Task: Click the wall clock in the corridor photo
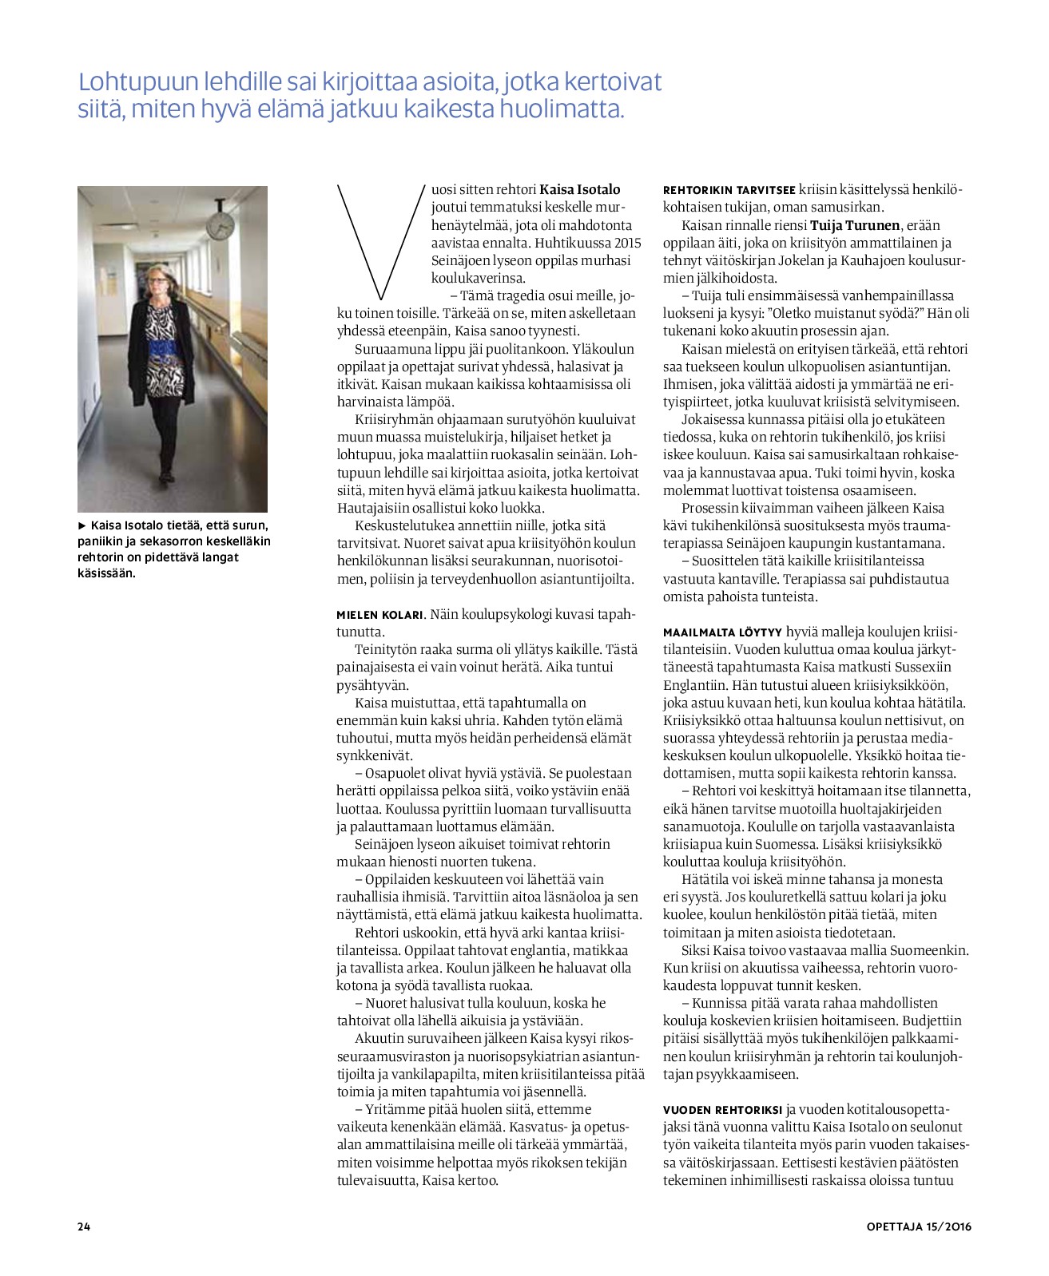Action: (220, 227)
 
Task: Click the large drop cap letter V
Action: (380, 240)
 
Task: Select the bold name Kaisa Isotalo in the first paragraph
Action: (580, 190)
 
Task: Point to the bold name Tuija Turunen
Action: (856, 225)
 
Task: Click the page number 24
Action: (84, 1226)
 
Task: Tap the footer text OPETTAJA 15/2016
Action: (919, 1226)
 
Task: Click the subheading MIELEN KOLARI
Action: (379, 615)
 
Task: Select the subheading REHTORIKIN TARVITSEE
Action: (729, 190)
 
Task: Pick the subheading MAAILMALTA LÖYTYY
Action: (722, 632)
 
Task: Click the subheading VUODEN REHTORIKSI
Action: (722, 1110)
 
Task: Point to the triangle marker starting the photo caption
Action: (81, 525)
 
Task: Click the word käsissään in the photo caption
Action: (106, 573)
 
